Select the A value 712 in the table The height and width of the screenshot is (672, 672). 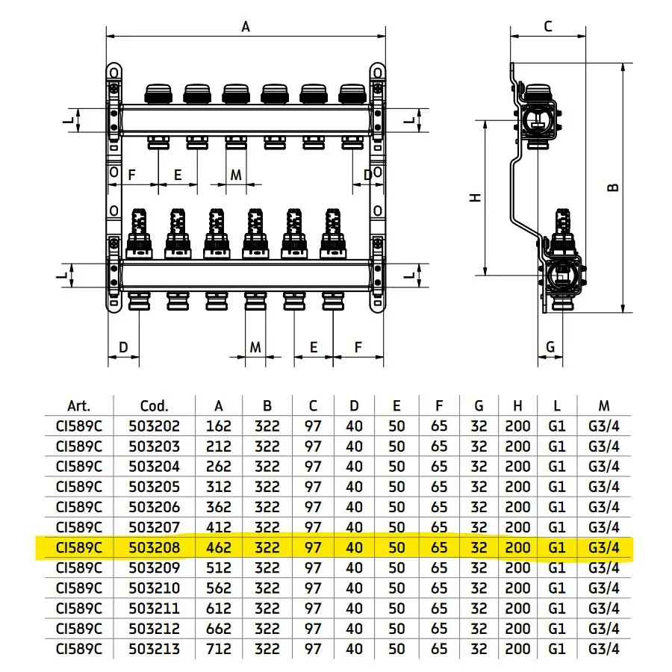(x=219, y=648)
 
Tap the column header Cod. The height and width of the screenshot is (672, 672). (x=154, y=406)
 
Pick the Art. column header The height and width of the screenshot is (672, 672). (x=78, y=406)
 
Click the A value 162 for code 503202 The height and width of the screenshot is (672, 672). (x=219, y=426)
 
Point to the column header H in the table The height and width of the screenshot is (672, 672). (x=517, y=406)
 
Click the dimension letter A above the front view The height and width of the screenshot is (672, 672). (x=246, y=27)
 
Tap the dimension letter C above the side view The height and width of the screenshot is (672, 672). (x=547, y=27)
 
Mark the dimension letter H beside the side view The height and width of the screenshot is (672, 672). (x=476, y=197)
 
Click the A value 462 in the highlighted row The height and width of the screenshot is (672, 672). (x=219, y=547)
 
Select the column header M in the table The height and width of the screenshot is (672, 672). (x=604, y=406)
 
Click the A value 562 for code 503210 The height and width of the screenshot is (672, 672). (x=219, y=588)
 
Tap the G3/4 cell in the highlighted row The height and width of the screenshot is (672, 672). (x=604, y=547)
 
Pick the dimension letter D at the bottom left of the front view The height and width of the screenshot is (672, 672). (x=124, y=346)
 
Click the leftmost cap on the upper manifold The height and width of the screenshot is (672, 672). (x=158, y=93)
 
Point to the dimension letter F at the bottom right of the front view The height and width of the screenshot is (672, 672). (x=358, y=346)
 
